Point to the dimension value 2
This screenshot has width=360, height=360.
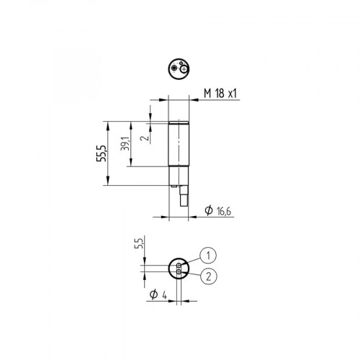pyautogui.click(x=144, y=135)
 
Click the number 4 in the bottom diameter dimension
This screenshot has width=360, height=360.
pyautogui.click(x=164, y=295)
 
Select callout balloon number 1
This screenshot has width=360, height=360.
pyautogui.click(x=208, y=255)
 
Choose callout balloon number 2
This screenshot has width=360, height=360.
pyautogui.click(x=208, y=276)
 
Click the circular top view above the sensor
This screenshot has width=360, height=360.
pyautogui.click(x=177, y=68)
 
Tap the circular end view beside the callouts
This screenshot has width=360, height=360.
pyautogui.click(x=179, y=269)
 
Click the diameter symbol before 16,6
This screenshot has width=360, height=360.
pyautogui.click(x=208, y=210)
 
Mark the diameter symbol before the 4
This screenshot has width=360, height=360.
pyautogui.click(x=153, y=295)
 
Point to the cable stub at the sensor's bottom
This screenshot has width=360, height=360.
pyautogui.click(x=183, y=197)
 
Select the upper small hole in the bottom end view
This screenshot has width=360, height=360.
pyautogui.click(x=179, y=266)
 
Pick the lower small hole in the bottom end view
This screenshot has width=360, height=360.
pyautogui.click(x=179, y=271)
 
